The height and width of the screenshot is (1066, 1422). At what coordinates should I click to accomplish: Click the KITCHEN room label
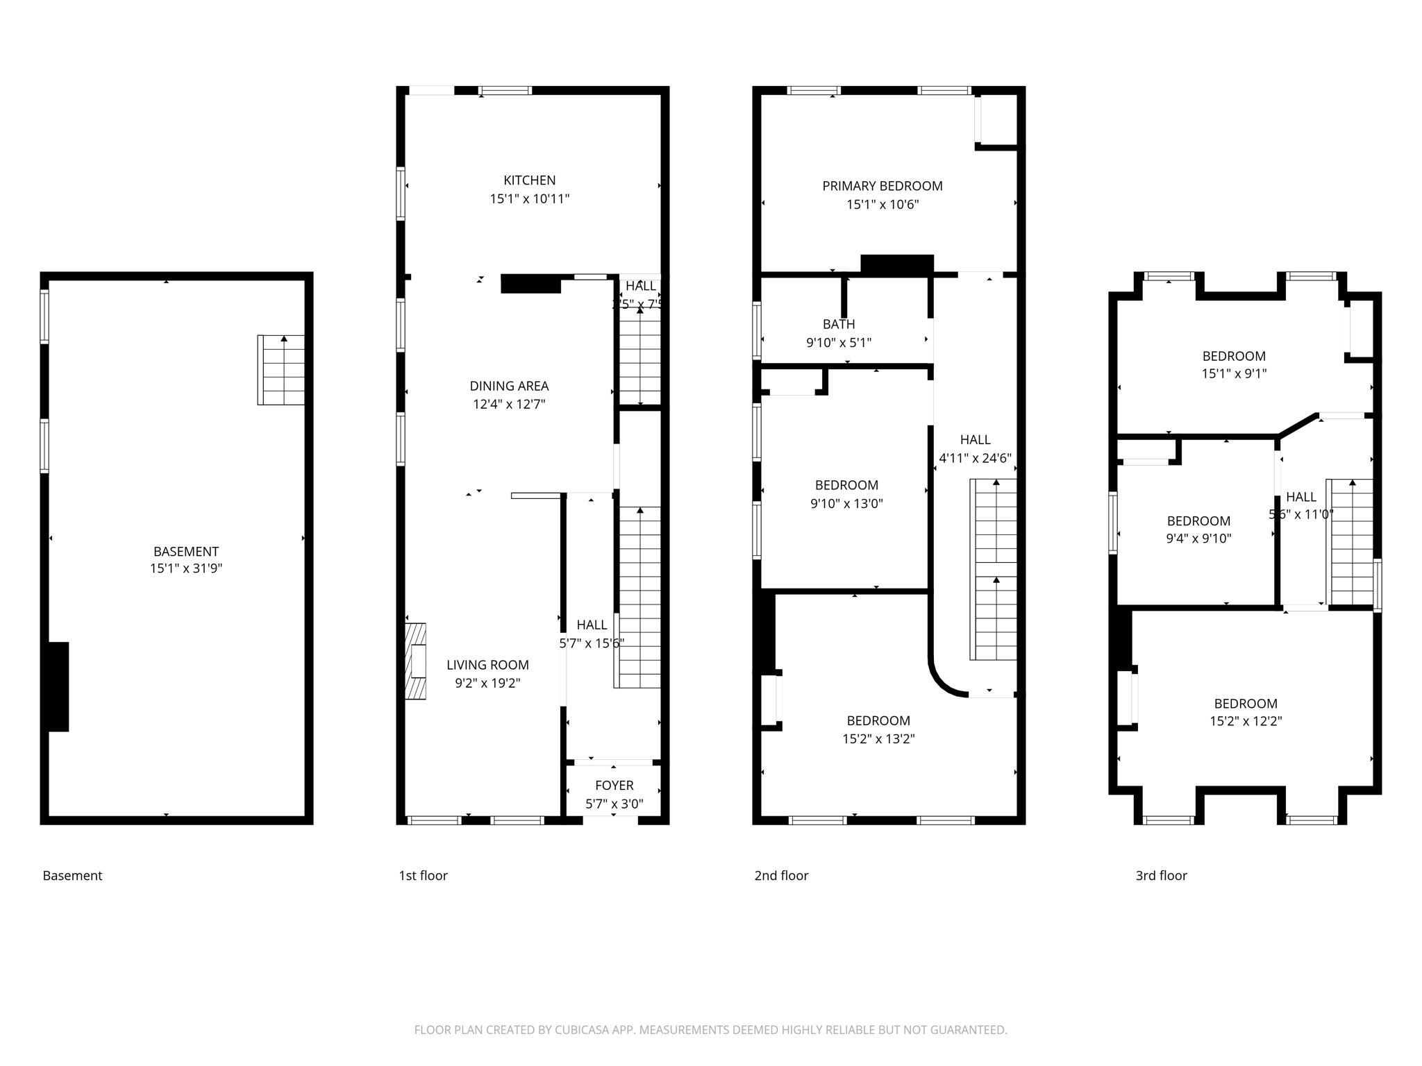point(529,180)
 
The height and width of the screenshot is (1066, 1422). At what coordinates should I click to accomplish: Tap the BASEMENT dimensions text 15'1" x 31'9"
point(185,569)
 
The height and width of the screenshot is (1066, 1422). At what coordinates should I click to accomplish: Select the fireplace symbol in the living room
point(416,661)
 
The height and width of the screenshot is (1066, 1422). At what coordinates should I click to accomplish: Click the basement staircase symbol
point(281,370)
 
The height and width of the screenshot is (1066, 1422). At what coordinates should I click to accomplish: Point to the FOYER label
point(614,786)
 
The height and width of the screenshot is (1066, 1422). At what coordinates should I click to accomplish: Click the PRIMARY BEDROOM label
point(882,186)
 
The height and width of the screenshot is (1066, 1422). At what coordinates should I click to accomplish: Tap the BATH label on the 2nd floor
point(838,324)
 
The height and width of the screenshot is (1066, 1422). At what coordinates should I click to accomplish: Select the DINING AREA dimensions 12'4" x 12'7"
point(509,405)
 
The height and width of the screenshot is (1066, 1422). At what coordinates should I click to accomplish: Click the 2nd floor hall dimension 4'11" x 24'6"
point(975,458)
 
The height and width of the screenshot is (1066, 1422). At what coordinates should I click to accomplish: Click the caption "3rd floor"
point(1161,876)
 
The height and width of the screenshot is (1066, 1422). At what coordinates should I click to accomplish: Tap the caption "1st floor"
point(423,876)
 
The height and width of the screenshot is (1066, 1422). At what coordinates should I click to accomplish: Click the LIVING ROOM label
point(487,665)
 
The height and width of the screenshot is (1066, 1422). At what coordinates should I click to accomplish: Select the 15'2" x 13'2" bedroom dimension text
point(878,739)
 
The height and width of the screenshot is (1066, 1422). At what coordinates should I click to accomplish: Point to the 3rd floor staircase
point(1351,541)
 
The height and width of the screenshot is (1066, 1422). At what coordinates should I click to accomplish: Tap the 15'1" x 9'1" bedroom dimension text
point(1234,373)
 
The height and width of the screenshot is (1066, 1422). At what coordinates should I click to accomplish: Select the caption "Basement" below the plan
point(72,876)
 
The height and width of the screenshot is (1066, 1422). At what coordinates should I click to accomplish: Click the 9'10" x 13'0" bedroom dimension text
point(846,504)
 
